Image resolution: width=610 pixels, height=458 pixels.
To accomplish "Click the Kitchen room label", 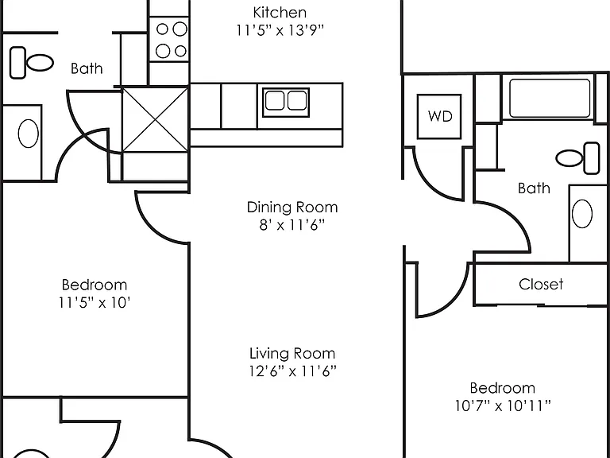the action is (x=280, y=13).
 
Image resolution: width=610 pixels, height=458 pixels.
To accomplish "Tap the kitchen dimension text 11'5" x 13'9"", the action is (x=280, y=30).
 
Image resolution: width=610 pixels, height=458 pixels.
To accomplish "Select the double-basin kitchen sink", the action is (x=286, y=103).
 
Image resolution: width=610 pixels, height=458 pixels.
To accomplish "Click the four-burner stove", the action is (x=170, y=39).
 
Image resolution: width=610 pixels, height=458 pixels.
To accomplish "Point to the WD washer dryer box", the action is (x=439, y=116).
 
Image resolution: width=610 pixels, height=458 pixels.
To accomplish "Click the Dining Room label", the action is (x=292, y=208).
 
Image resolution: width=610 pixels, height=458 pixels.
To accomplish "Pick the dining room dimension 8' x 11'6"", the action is (x=291, y=225).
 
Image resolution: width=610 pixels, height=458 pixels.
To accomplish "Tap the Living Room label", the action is (x=292, y=354).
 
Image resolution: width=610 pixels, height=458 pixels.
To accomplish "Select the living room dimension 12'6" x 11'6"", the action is (x=292, y=371).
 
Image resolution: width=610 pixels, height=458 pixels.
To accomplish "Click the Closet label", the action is (x=541, y=285).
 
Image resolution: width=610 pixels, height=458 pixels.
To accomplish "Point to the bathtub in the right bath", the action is (x=550, y=98).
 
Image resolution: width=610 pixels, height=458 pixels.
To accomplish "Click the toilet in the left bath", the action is (x=32, y=63).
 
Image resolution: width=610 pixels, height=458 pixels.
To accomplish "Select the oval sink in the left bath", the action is (x=29, y=134).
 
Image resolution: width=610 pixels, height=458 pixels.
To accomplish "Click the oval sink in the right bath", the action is (x=582, y=213).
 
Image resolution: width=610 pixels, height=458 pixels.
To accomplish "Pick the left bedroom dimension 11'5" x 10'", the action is (x=95, y=303).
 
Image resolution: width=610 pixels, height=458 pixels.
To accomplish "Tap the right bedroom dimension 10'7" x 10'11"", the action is (x=503, y=406).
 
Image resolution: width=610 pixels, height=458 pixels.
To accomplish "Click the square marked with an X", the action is (x=155, y=120).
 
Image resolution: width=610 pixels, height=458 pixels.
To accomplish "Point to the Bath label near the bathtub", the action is (x=534, y=188).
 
